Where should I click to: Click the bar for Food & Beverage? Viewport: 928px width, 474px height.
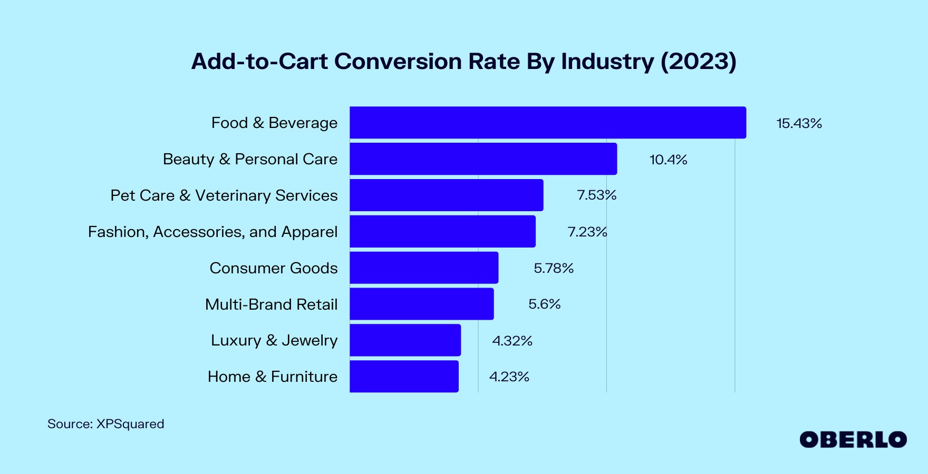point(548,123)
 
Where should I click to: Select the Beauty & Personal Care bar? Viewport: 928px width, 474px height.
point(483,159)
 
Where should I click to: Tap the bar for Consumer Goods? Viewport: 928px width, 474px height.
point(424,268)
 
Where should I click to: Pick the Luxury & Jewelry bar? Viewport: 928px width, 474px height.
point(405,340)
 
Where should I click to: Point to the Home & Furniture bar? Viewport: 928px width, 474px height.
point(404,376)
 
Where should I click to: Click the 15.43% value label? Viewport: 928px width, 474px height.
point(799,123)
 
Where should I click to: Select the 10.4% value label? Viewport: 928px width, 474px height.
point(668,160)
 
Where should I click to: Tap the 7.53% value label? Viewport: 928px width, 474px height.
point(596,195)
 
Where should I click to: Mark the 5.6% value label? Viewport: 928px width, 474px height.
point(544,304)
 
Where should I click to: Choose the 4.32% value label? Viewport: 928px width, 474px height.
point(512,341)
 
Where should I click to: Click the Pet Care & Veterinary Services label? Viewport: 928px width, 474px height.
point(224,195)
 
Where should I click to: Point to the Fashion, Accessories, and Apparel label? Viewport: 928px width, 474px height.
point(212,232)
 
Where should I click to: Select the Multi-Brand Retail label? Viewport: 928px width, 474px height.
point(271,304)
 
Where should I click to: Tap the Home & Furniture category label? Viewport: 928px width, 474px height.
point(272,377)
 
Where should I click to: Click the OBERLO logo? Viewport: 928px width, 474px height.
point(853,440)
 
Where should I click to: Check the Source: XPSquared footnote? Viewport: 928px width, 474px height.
point(105,424)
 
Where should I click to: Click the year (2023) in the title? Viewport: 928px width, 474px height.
point(698,62)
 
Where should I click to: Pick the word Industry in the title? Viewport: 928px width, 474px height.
point(607,62)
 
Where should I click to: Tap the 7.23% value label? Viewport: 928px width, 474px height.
point(587,232)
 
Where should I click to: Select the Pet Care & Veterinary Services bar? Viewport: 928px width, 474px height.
point(446,195)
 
